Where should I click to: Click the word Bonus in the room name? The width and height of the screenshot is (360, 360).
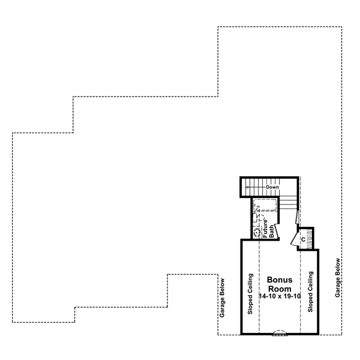point(279,280)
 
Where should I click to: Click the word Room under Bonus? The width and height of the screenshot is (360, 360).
point(279,289)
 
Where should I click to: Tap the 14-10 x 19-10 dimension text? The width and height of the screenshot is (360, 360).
point(279,297)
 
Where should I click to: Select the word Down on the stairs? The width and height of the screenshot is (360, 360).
point(273,187)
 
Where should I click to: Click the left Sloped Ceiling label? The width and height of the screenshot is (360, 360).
point(250,293)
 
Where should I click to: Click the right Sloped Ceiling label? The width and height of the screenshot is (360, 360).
point(310,292)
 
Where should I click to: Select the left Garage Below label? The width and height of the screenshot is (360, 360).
point(223,306)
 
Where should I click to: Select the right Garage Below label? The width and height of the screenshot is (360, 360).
point(338,278)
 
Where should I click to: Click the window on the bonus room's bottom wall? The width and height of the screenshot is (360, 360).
point(280,332)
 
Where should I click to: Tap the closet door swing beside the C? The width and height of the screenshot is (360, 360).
point(293,240)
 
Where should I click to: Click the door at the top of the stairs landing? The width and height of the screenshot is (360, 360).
point(299,218)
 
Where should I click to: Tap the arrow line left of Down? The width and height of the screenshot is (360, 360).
point(255,187)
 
